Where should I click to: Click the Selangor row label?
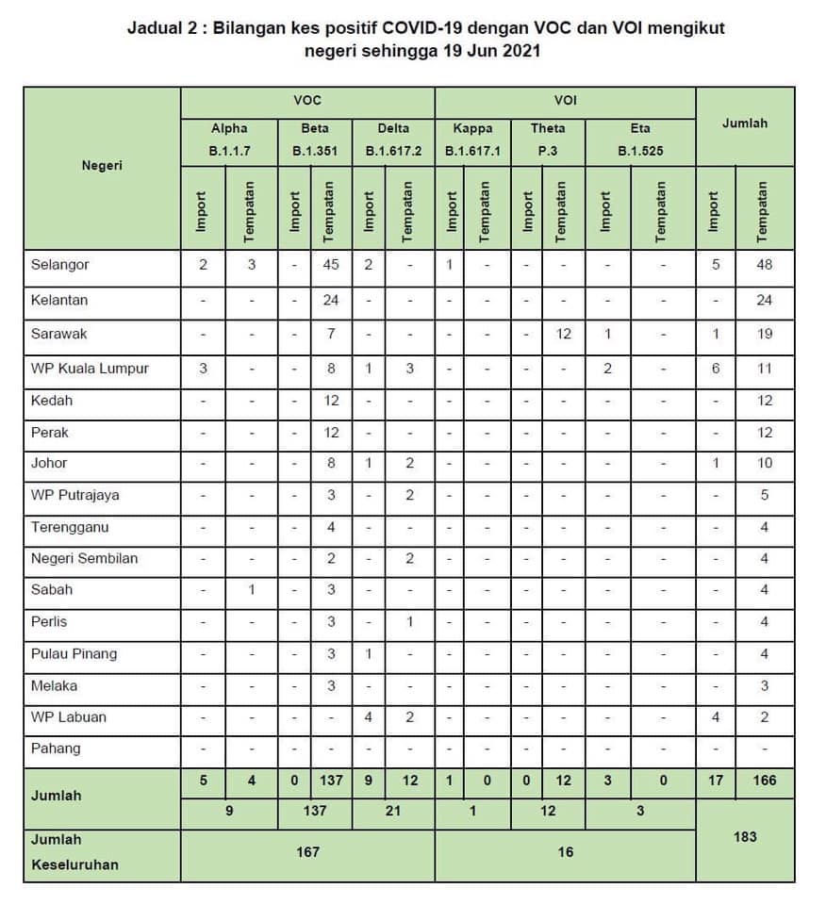pos(60,265)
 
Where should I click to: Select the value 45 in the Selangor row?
pos(331,265)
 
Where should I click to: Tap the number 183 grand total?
pos(745,836)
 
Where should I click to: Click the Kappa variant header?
pos(472,128)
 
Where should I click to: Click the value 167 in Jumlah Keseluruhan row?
pos(307,851)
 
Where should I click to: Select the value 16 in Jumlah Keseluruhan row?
pos(565,851)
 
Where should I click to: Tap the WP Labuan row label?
pos(69,717)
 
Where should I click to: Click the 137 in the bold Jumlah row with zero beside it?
pos(331,781)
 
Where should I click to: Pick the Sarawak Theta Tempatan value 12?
pos(563,334)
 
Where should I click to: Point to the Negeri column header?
pos(103,165)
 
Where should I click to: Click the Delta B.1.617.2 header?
pos(393,139)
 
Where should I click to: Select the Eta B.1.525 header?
pos(640,139)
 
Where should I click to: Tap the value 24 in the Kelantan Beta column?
pos(331,301)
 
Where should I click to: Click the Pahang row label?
pos(56,749)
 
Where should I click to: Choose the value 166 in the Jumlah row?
pos(764,781)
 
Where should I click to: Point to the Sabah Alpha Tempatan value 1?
pos(252,590)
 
